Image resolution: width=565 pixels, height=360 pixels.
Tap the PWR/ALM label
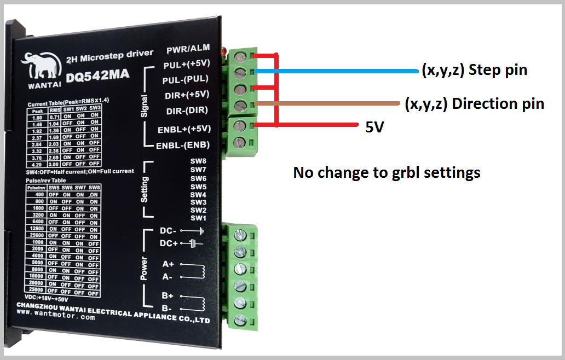[x=188, y=50]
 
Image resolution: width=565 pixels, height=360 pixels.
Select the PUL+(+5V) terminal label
[x=187, y=65]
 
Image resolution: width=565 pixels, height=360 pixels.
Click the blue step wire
[x=339, y=71]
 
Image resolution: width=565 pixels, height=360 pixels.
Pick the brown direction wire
[x=328, y=103]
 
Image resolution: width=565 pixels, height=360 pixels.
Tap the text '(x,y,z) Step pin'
[x=474, y=70]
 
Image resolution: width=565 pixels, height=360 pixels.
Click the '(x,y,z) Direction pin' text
[x=474, y=104]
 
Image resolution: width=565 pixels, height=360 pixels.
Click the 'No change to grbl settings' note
[x=387, y=173]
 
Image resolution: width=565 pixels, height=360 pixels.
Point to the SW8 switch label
[x=198, y=161]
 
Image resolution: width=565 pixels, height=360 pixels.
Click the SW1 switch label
[x=198, y=218]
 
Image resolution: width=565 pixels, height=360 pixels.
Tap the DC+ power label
[x=169, y=243]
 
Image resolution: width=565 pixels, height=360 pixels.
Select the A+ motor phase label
[x=168, y=264]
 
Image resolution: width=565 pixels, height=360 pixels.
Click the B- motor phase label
[x=168, y=309]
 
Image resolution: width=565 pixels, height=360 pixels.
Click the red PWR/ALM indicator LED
[x=223, y=52]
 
